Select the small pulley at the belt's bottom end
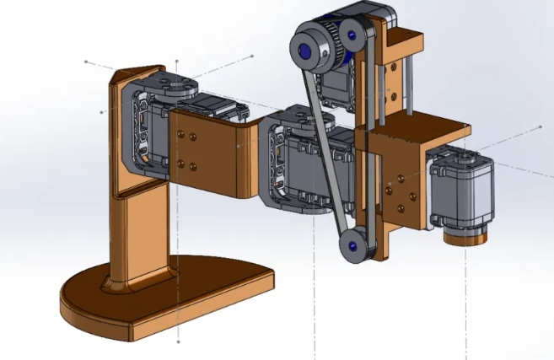click(352, 245)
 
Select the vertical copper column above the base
click(139, 228)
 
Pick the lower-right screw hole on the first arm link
click(194, 166)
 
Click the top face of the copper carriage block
click(422, 128)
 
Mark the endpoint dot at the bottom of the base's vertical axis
click(179, 342)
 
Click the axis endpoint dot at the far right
click(541, 127)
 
